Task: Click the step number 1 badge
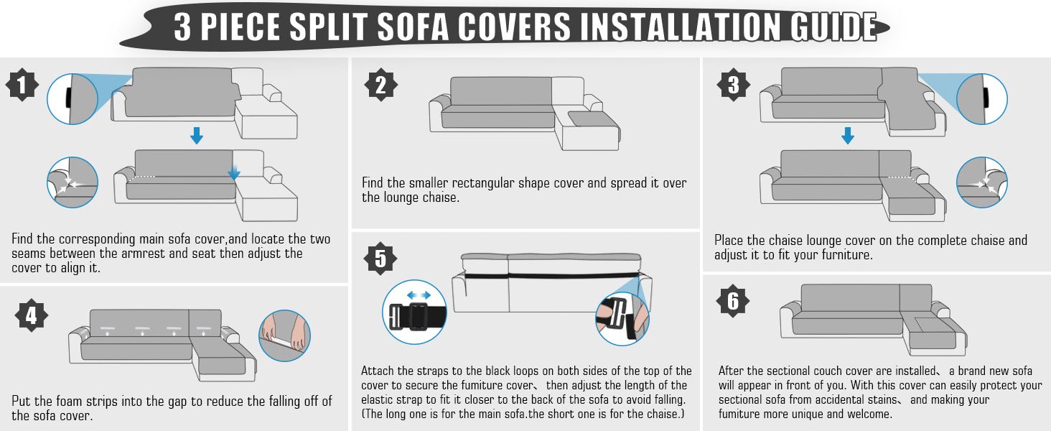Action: (x=22, y=85)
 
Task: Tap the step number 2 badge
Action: (x=381, y=85)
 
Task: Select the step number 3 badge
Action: (x=734, y=85)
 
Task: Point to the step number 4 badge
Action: (x=32, y=315)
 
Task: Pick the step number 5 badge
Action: (x=380, y=259)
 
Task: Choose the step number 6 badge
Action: (x=733, y=301)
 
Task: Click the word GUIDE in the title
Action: (x=833, y=27)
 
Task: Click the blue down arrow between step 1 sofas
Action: (x=197, y=135)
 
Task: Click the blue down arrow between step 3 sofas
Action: (x=847, y=135)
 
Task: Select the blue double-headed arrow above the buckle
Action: (x=419, y=295)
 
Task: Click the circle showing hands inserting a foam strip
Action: (x=284, y=335)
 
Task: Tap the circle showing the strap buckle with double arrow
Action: (x=414, y=312)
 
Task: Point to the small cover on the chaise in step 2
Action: (x=594, y=119)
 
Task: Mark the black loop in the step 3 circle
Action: (x=985, y=99)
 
